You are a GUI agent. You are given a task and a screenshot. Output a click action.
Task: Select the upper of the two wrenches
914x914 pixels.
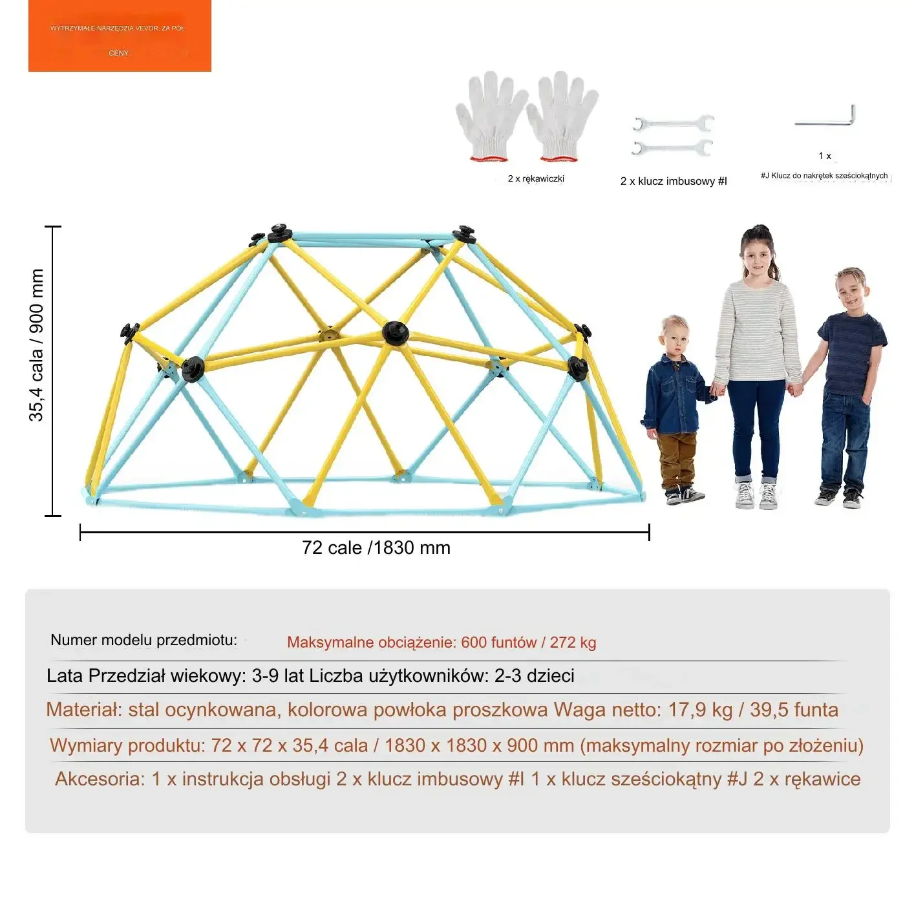point(673,123)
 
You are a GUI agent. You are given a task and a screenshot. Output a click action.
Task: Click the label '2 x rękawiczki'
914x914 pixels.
point(536,178)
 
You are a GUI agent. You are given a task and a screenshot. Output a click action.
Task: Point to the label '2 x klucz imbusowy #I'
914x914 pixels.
point(674,181)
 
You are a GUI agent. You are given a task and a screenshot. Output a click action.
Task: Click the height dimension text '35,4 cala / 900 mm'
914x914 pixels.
point(36,346)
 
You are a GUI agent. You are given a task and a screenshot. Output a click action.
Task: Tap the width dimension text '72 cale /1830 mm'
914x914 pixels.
point(376,548)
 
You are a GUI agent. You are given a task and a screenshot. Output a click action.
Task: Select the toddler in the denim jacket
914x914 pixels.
point(674,407)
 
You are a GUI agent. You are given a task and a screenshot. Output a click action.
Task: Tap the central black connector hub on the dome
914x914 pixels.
point(395,334)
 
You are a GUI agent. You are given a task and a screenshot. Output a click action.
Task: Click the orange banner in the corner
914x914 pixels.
point(120,36)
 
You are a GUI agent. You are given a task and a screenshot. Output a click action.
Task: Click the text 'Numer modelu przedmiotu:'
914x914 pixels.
point(143,640)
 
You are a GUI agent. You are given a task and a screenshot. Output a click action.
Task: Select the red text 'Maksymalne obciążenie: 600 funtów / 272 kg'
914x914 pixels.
point(441,643)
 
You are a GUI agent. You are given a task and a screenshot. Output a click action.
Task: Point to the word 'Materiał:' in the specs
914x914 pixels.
point(84,710)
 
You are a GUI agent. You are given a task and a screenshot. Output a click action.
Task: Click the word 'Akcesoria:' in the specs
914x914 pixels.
point(100,779)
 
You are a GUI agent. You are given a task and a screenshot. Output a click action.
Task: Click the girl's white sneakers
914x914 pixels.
point(756,495)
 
